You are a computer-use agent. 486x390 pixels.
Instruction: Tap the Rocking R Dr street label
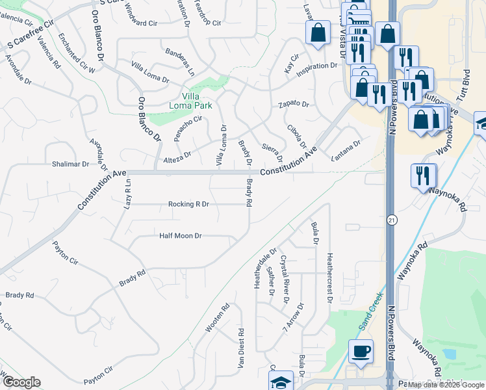coord(188,204)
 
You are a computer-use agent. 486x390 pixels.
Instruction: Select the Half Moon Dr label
coord(181,235)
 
